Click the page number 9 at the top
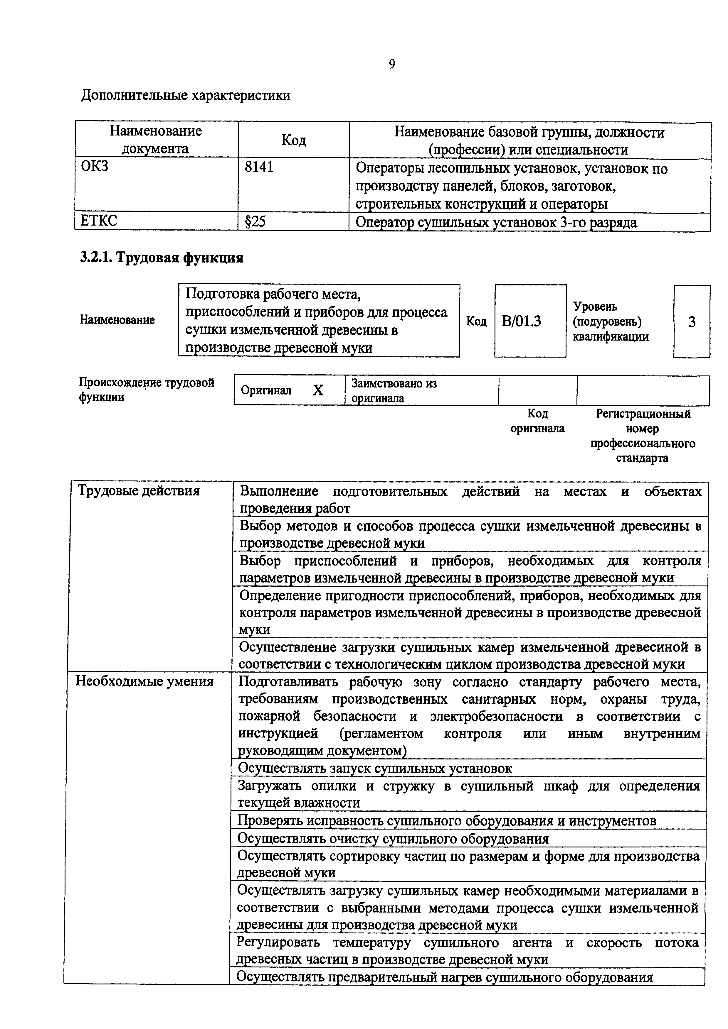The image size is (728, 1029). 391,65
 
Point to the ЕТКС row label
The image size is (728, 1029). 99,221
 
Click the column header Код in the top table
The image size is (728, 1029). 294,140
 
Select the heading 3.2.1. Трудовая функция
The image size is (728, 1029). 162,258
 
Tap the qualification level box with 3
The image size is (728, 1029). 691,322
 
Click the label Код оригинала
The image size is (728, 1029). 537,421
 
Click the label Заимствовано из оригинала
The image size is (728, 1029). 394,390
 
